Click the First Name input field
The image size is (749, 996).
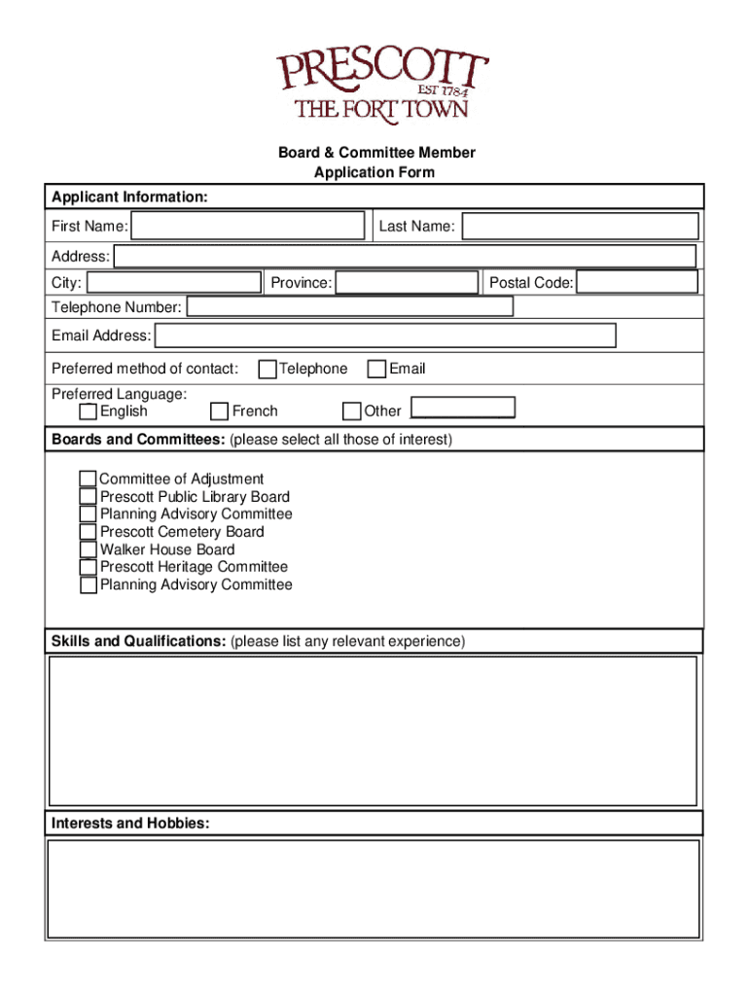coord(248,227)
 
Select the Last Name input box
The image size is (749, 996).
coord(580,227)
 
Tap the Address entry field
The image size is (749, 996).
coord(405,257)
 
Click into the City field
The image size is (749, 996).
coord(174,283)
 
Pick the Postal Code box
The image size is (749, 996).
coord(637,283)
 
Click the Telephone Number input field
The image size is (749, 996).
coord(349,307)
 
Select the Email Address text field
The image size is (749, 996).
coord(385,336)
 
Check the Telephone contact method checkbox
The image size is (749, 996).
coord(267,369)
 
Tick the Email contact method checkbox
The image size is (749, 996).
coord(376,369)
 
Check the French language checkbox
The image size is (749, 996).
coord(220,411)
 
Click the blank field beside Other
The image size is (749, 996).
coord(463,409)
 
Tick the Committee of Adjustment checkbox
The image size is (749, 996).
coord(89,479)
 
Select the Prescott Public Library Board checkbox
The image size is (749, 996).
coord(89,496)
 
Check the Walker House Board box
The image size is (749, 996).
coord(89,550)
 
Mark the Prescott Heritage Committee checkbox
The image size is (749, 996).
coord(89,567)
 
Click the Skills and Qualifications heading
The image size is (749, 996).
coord(139,641)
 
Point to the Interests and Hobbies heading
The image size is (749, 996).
coord(130,823)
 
